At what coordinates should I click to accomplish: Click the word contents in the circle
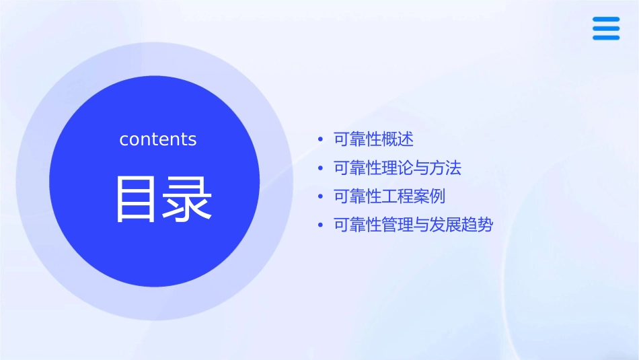tap(158, 139)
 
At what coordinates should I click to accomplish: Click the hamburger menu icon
tap(606, 28)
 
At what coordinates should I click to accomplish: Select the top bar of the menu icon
tap(606, 20)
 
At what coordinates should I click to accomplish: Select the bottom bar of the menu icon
tap(606, 37)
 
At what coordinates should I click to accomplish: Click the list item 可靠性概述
tap(373, 139)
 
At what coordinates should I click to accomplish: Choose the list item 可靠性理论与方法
tap(398, 168)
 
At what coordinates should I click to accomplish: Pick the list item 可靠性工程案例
tap(389, 196)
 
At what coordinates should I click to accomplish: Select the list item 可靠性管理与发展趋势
tap(413, 225)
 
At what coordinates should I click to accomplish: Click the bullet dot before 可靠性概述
tap(321, 140)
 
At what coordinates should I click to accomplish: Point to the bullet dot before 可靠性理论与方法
tap(321, 169)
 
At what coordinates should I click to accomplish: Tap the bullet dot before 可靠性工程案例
tap(321, 197)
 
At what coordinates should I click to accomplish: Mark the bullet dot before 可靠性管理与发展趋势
tap(321, 225)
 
